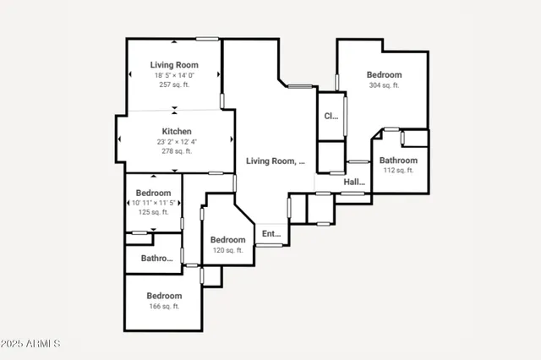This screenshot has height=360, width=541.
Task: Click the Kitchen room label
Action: click(177, 132)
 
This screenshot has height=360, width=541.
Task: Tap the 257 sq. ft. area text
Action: click(173, 85)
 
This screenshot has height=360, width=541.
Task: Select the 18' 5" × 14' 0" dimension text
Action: click(173, 75)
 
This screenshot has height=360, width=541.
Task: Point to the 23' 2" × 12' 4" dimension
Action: click(177, 142)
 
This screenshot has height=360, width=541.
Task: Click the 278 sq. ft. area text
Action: click(177, 152)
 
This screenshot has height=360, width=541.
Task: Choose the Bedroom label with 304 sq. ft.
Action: click(385, 74)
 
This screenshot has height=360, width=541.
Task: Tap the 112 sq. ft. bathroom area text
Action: click(397, 171)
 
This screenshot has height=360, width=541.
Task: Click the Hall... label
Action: click(354, 182)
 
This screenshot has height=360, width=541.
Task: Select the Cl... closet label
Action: click(331, 117)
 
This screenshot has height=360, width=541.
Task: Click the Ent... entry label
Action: click(271, 234)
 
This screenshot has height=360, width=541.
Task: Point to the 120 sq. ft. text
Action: click(227, 250)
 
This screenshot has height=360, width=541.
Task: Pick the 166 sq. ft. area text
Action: click(164, 306)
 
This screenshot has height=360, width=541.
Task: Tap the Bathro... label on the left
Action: click(156, 259)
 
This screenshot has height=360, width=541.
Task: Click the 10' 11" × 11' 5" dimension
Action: click(154, 203)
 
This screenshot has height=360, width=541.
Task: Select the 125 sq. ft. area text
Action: click(154, 213)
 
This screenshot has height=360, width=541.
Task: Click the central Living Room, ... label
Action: click(276, 161)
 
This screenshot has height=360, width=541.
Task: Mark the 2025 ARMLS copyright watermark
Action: click(31, 344)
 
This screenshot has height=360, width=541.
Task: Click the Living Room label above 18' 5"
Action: click(173, 65)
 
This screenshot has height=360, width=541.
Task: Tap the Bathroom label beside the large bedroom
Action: click(397, 161)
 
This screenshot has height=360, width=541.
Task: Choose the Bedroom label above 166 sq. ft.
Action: click(164, 296)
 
